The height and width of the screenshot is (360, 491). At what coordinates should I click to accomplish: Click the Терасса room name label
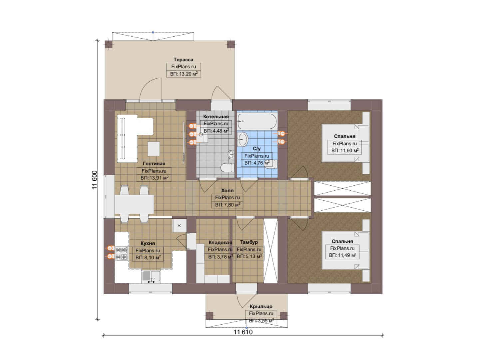(x=183, y=60)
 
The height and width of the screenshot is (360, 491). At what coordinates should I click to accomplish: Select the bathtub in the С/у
(x=257, y=121)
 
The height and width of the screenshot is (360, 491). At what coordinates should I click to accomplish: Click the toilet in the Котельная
(x=226, y=168)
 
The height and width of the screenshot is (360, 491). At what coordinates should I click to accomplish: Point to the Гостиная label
(x=154, y=163)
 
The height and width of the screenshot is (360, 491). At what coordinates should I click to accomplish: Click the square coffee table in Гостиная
(x=154, y=149)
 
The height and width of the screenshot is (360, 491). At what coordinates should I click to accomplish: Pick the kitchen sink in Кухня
(x=151, y=276)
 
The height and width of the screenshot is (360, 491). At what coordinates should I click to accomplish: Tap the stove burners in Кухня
(x=122, y=253)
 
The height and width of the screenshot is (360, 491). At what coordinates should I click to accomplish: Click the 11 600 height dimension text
(x=94, y=180)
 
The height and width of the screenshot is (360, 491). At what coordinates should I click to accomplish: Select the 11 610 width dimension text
(x=243, y=332)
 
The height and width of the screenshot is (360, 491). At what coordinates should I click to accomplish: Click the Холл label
(x=227, y=190)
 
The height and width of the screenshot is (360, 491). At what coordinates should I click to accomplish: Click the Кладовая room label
(x=220, y=242)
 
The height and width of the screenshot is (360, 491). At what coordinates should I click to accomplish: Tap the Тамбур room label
(x=249, y=242)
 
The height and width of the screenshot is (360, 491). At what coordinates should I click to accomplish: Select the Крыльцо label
(x=261, y=306)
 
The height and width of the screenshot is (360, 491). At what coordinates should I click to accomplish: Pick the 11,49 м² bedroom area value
(x=347, y=255)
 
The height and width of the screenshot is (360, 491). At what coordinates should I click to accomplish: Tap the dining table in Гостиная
(x=134, y=204)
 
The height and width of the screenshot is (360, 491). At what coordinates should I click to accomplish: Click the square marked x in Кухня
(x=179, y=225)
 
